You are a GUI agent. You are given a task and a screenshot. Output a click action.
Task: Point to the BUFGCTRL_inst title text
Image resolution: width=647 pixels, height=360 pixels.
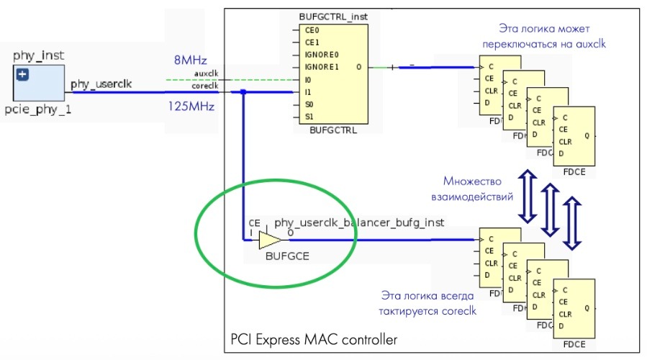[x=327, y=16]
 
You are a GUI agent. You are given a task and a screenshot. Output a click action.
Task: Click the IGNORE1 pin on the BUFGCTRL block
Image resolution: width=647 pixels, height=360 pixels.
[x=320, y=67]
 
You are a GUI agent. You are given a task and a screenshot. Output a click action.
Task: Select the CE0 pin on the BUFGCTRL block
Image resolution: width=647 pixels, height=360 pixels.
[x=312, y=30]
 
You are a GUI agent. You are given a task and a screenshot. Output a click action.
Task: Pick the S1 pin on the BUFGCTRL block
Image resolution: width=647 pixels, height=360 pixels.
[x=309, y=116]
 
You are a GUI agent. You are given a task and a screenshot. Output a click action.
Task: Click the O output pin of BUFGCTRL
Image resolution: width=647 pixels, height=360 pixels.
[x=358, y=67]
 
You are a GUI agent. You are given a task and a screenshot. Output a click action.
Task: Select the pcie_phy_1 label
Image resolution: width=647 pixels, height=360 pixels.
[x=38, y=113]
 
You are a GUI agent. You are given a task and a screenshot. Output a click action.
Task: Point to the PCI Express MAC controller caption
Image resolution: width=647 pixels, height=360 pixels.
[x=313, y=338]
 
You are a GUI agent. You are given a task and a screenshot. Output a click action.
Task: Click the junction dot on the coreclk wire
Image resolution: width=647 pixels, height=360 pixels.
[x=244, y=92]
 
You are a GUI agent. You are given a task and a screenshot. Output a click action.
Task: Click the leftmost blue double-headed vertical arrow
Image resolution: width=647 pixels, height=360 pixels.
[x=528, y=195]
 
